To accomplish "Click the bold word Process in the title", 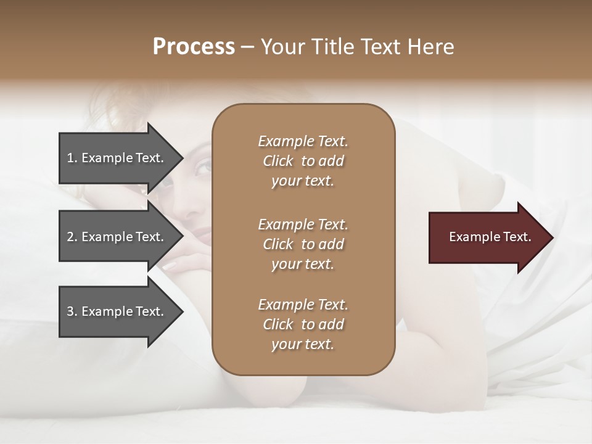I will [x=194, y=47].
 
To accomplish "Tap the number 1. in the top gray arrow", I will [x=72, y=158].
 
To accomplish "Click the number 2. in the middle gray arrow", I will [x=72, y=237].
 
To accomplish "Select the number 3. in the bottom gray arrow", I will [x=72, y=311].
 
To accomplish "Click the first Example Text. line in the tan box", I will [x=303, y=141].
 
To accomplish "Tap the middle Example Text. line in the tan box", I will [x=303, y=224].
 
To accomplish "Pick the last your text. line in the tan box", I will [x=303, y=344].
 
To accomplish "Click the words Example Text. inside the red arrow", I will [x=490, y=237].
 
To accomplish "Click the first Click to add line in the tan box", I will [x=303, y=161].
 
